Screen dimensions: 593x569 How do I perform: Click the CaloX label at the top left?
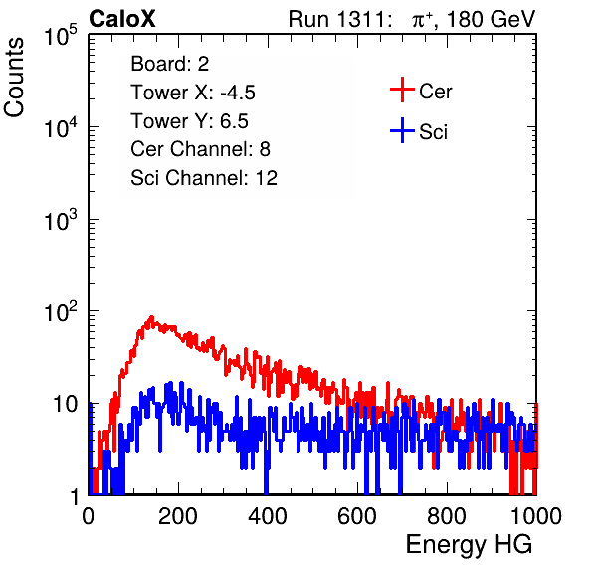121,19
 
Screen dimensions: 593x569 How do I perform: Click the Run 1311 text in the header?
336,19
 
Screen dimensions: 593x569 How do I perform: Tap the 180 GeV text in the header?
491,19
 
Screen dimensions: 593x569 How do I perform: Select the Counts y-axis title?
14,78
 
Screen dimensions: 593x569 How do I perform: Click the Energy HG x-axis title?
469,545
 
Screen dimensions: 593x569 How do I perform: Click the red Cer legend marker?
402,90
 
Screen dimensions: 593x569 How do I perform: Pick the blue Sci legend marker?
402,130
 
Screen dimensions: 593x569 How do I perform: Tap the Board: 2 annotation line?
170,64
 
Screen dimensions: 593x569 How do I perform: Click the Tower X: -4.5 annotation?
193,93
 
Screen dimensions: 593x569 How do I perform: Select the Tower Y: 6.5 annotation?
189,121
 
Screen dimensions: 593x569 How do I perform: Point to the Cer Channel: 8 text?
200,149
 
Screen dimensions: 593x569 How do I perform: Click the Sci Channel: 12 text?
204,178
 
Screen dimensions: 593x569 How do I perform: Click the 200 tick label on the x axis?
178,516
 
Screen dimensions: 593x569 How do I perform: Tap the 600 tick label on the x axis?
357,516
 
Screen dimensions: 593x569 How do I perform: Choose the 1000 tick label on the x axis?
536,516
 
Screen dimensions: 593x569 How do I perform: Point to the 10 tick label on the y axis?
65,405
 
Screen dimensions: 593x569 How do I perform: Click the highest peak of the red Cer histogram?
151,316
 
